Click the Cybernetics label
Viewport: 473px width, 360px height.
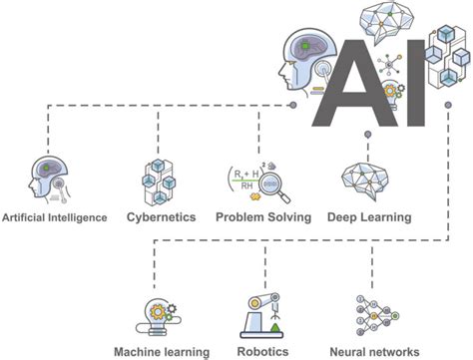[x=162, y=217]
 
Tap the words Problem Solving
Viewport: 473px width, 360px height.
[x=263, y=217]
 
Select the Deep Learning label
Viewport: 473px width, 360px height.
[x=369, y=217]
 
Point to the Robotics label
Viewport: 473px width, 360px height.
[x=262, y=351]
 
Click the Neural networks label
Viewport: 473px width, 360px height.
[x=374, y=351]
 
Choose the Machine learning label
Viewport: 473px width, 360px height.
[x=162, y=352]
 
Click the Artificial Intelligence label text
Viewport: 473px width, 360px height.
[x=55, y=217]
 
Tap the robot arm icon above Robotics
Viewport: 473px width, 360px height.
[x=262, y=315]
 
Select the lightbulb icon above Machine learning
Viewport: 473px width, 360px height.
[x=159, y=317]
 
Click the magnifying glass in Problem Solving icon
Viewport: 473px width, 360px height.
[x=273, y=186]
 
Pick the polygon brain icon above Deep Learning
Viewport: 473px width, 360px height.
[x=364, y=180]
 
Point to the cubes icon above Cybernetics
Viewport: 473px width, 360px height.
[x=159, y=182]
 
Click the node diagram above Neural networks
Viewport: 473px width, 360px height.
[x=377, y=315]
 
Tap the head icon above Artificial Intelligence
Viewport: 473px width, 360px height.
[x=49, y=179]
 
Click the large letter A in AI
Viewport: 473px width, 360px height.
[x=355, y=83]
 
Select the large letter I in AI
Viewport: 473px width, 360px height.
[x=416, y=83]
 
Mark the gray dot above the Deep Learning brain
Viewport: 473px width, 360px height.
[x=367, y=135]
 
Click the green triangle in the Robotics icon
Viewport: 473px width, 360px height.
[x=275, y=327]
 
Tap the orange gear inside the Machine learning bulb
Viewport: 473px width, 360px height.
[x=158, y=312]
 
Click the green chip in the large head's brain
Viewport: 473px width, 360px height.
[x=304, y=45]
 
